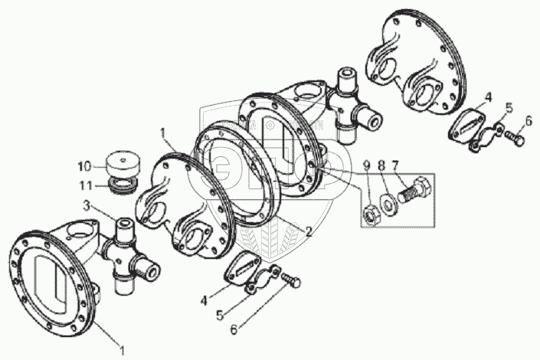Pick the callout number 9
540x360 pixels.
pos(367,165)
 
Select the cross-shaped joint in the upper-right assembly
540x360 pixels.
pos(352,107)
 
